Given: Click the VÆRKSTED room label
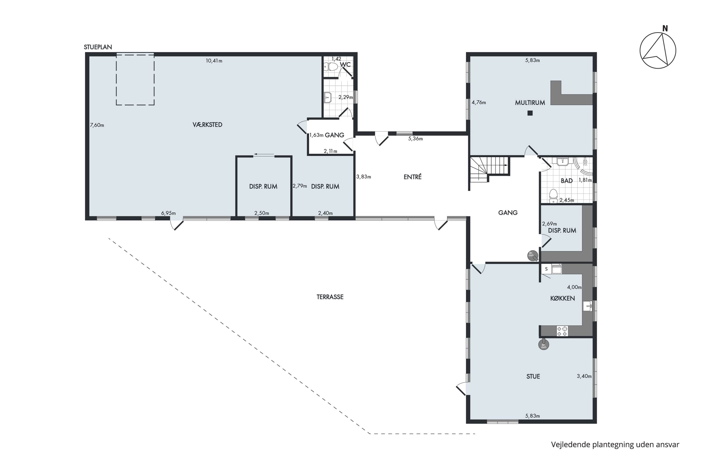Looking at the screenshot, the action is (x=208, y=125).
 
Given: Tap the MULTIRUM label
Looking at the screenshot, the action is (x=530, y=103).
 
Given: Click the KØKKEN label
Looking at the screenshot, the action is (x=562, y=298).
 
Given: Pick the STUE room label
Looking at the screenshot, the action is (x=533, y=377).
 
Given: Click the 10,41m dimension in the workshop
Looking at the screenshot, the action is (x=214, y=61).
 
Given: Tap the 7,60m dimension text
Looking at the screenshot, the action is (x=97, y=125).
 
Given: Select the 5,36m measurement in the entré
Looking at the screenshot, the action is (x=415, y=139).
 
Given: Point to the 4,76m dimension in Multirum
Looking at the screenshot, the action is (x=479, y=103).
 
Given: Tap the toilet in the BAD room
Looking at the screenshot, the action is (x=553, y=196).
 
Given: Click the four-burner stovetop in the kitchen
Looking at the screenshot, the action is (x=562, y=331).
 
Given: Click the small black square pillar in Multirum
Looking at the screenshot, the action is (x=530, y=113).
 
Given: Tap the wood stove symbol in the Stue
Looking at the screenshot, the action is (x=544, y=345).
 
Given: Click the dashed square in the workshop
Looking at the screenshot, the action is (x=135, y=79).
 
